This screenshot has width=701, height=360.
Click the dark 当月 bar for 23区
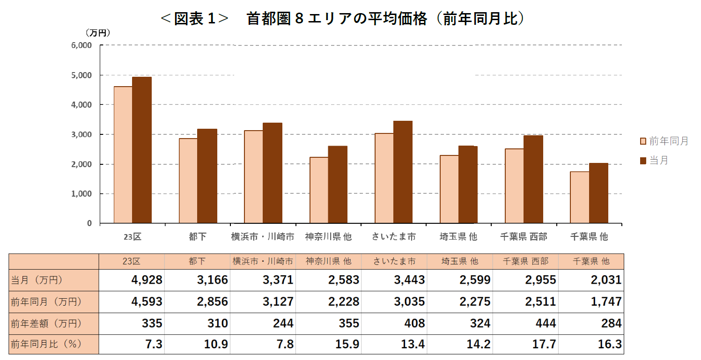coord(141,150)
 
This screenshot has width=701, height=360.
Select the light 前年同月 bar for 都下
coord(188,181)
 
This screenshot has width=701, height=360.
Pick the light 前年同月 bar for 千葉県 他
coord(579,197)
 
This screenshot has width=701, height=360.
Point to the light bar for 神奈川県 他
coord(319,190)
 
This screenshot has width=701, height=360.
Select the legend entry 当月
coord(658,161)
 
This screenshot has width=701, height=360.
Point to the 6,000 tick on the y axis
coord(82,45)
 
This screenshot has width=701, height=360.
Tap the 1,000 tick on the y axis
coord(82,194)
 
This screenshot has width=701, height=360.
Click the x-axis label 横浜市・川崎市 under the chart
coord(263,237)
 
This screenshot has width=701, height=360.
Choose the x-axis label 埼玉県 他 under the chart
coord(458,237)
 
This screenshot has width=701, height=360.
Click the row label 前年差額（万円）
coord(46,323)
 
